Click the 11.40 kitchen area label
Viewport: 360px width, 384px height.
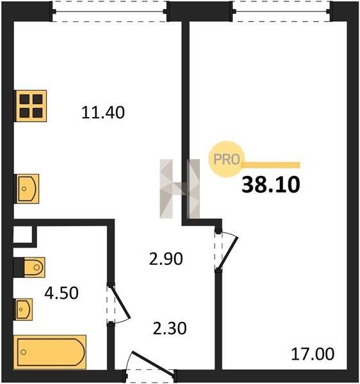point(103,113)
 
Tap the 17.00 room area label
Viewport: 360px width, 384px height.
point(313,354)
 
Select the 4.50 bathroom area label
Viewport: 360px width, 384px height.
point(61,293)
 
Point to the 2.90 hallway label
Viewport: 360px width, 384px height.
point(166,259)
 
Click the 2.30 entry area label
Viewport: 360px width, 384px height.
point(170,328)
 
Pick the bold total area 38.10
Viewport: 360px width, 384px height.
point(271,185)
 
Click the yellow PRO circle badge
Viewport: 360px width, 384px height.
point(226,159)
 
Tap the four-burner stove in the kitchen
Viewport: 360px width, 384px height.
point(31,106)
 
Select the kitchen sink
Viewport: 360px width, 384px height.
point(28,189)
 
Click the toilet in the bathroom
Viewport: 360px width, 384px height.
point(35,267)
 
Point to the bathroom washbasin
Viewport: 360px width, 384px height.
point(24,310)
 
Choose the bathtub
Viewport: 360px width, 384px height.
point(50,352)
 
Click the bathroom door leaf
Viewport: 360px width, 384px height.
point(120,303)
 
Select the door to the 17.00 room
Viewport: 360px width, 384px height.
point(228,252)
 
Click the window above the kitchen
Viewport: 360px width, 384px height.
point(110,12)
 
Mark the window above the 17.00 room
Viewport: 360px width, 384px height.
point(282,12)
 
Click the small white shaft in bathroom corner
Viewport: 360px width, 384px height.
point(23,234)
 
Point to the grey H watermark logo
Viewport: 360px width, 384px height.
point(179,189)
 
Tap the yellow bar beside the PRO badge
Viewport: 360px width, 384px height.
point(272,165)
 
